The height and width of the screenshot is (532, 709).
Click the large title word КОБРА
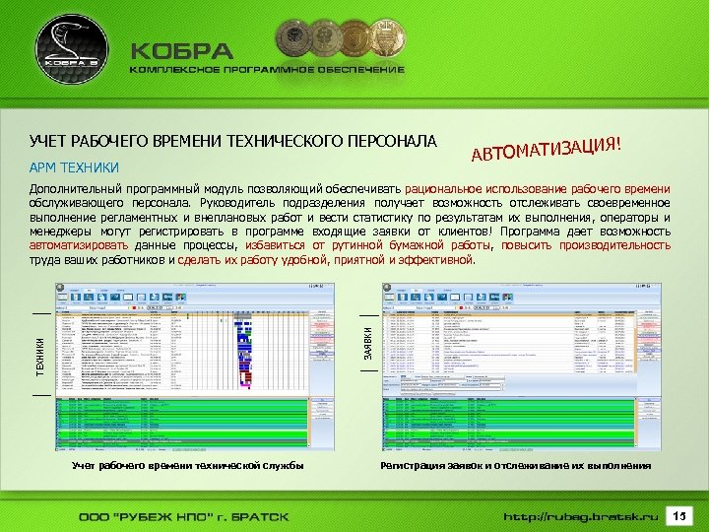[x=182, y=51]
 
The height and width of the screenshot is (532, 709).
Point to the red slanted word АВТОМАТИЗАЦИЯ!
[x=546, y=148]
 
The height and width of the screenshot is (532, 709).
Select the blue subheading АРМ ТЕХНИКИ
[x=74, y=166]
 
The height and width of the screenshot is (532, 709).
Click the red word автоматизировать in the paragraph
[x=80, y=245]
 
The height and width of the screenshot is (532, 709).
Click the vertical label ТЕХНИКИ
[x=40, y=354]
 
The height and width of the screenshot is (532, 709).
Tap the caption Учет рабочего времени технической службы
[x=187, y=465]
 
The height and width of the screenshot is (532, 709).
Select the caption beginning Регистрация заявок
[x=515, y=465]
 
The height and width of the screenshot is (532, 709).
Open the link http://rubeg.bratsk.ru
[x=579, y=516]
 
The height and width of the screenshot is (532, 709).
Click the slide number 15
[x=678, y=515]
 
